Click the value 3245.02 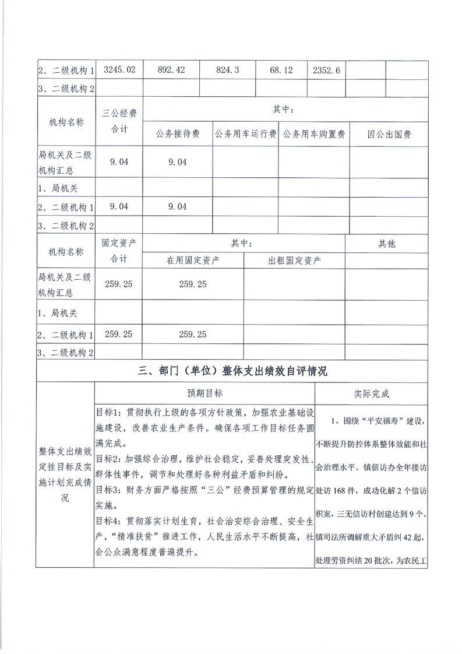tap(119, 70)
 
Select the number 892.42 tap(171, 70)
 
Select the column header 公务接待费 tap(178, 135)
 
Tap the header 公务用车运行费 tap(245, 135)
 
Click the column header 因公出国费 tap(389, 135)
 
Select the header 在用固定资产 tap(193, 261)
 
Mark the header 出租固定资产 tap(294, 261)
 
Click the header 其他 tap(386, 244)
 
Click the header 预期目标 tap(204, 393)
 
